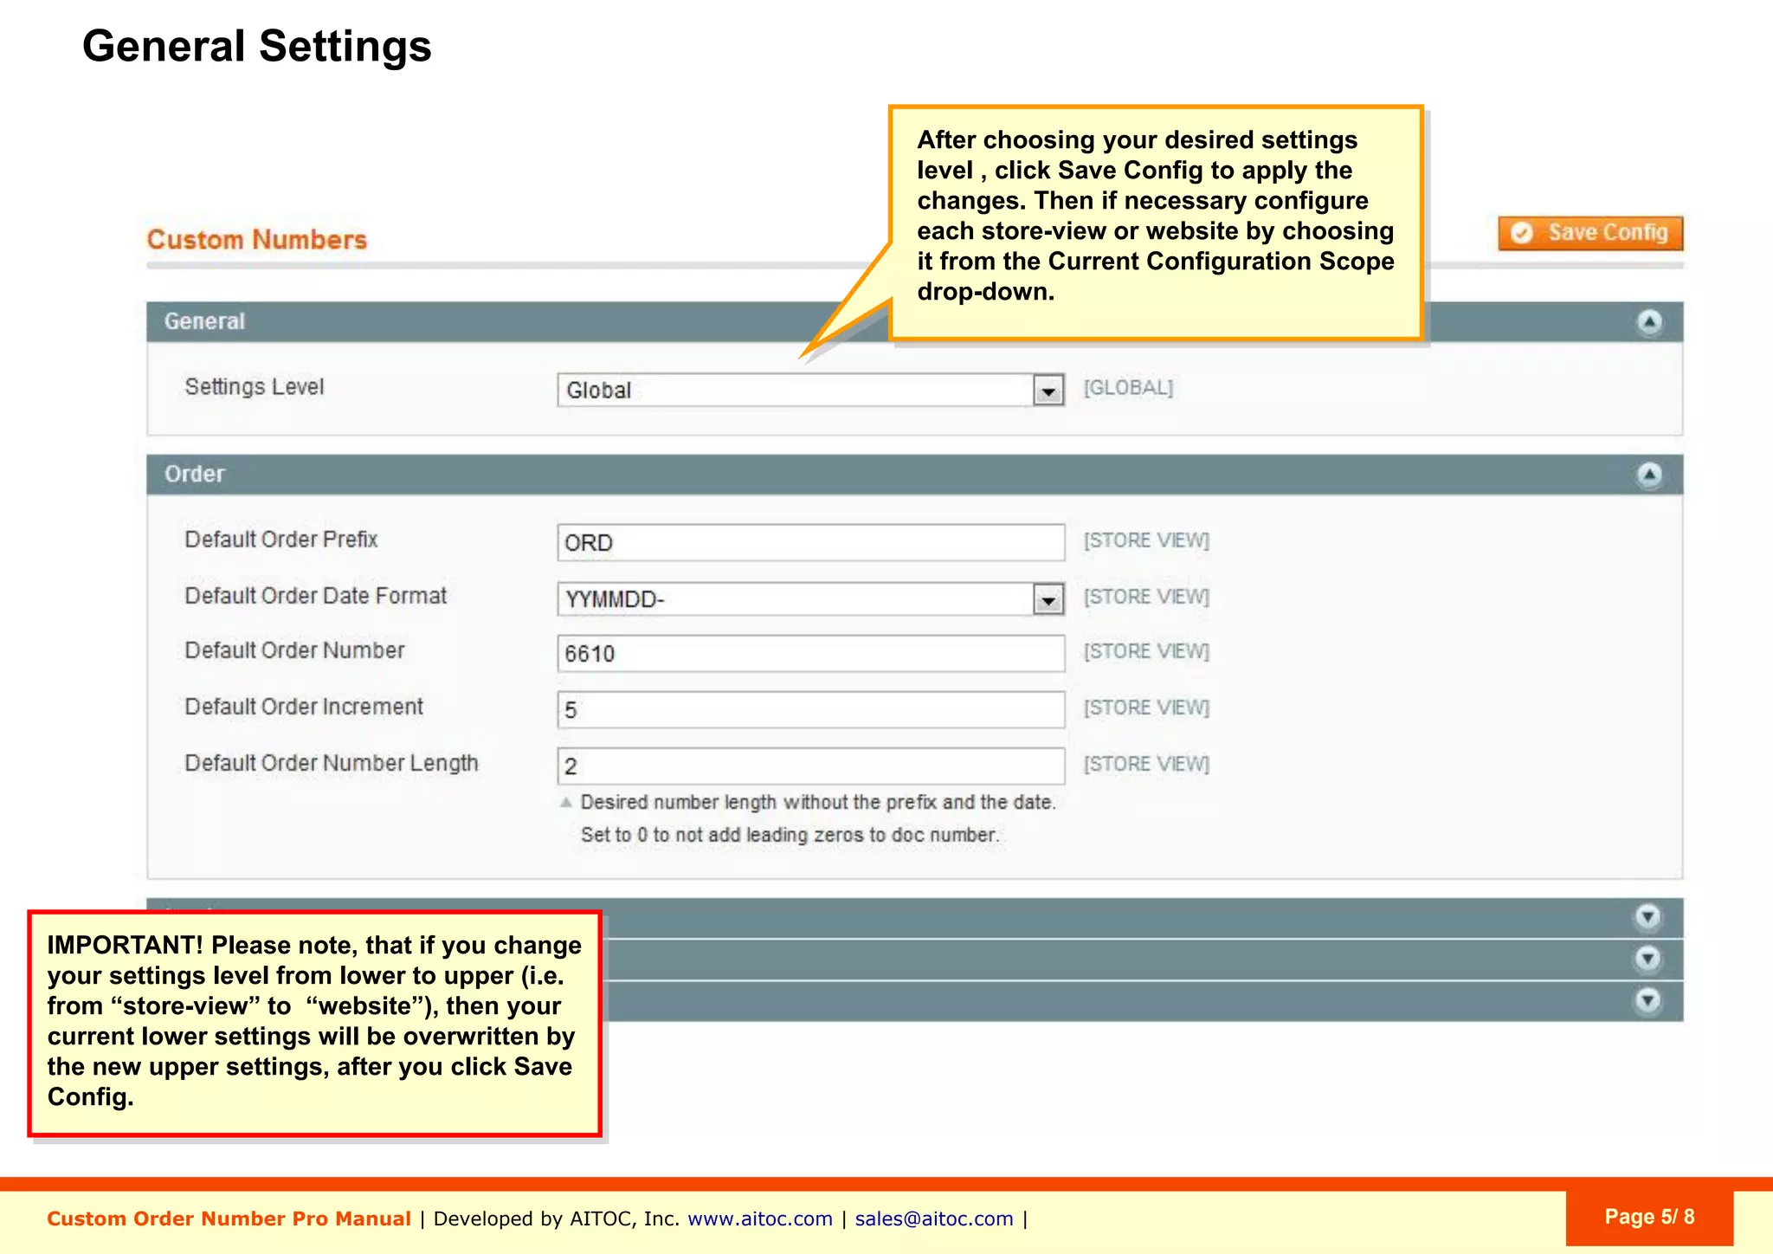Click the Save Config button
point(1590,233)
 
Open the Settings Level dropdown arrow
point(1048,391)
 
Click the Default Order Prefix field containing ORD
point(810,543)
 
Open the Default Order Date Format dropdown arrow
point(1048,599)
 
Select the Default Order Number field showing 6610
point(810,654)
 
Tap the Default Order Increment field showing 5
point(810,710)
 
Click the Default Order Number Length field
point(810,766)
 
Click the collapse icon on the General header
point(1649,322)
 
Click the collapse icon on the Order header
point(1649,475)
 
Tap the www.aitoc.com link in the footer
point(759,1219)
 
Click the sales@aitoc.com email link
point(933,1219)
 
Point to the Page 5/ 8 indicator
point(1648,1217)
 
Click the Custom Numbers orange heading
point(257,240)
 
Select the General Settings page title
point(256,46)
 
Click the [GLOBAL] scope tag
point(1128,388)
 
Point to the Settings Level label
point(255,387)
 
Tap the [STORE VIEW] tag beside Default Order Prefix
point(1146,540)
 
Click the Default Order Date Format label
point(315,596)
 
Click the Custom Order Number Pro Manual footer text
point(229,1219)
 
